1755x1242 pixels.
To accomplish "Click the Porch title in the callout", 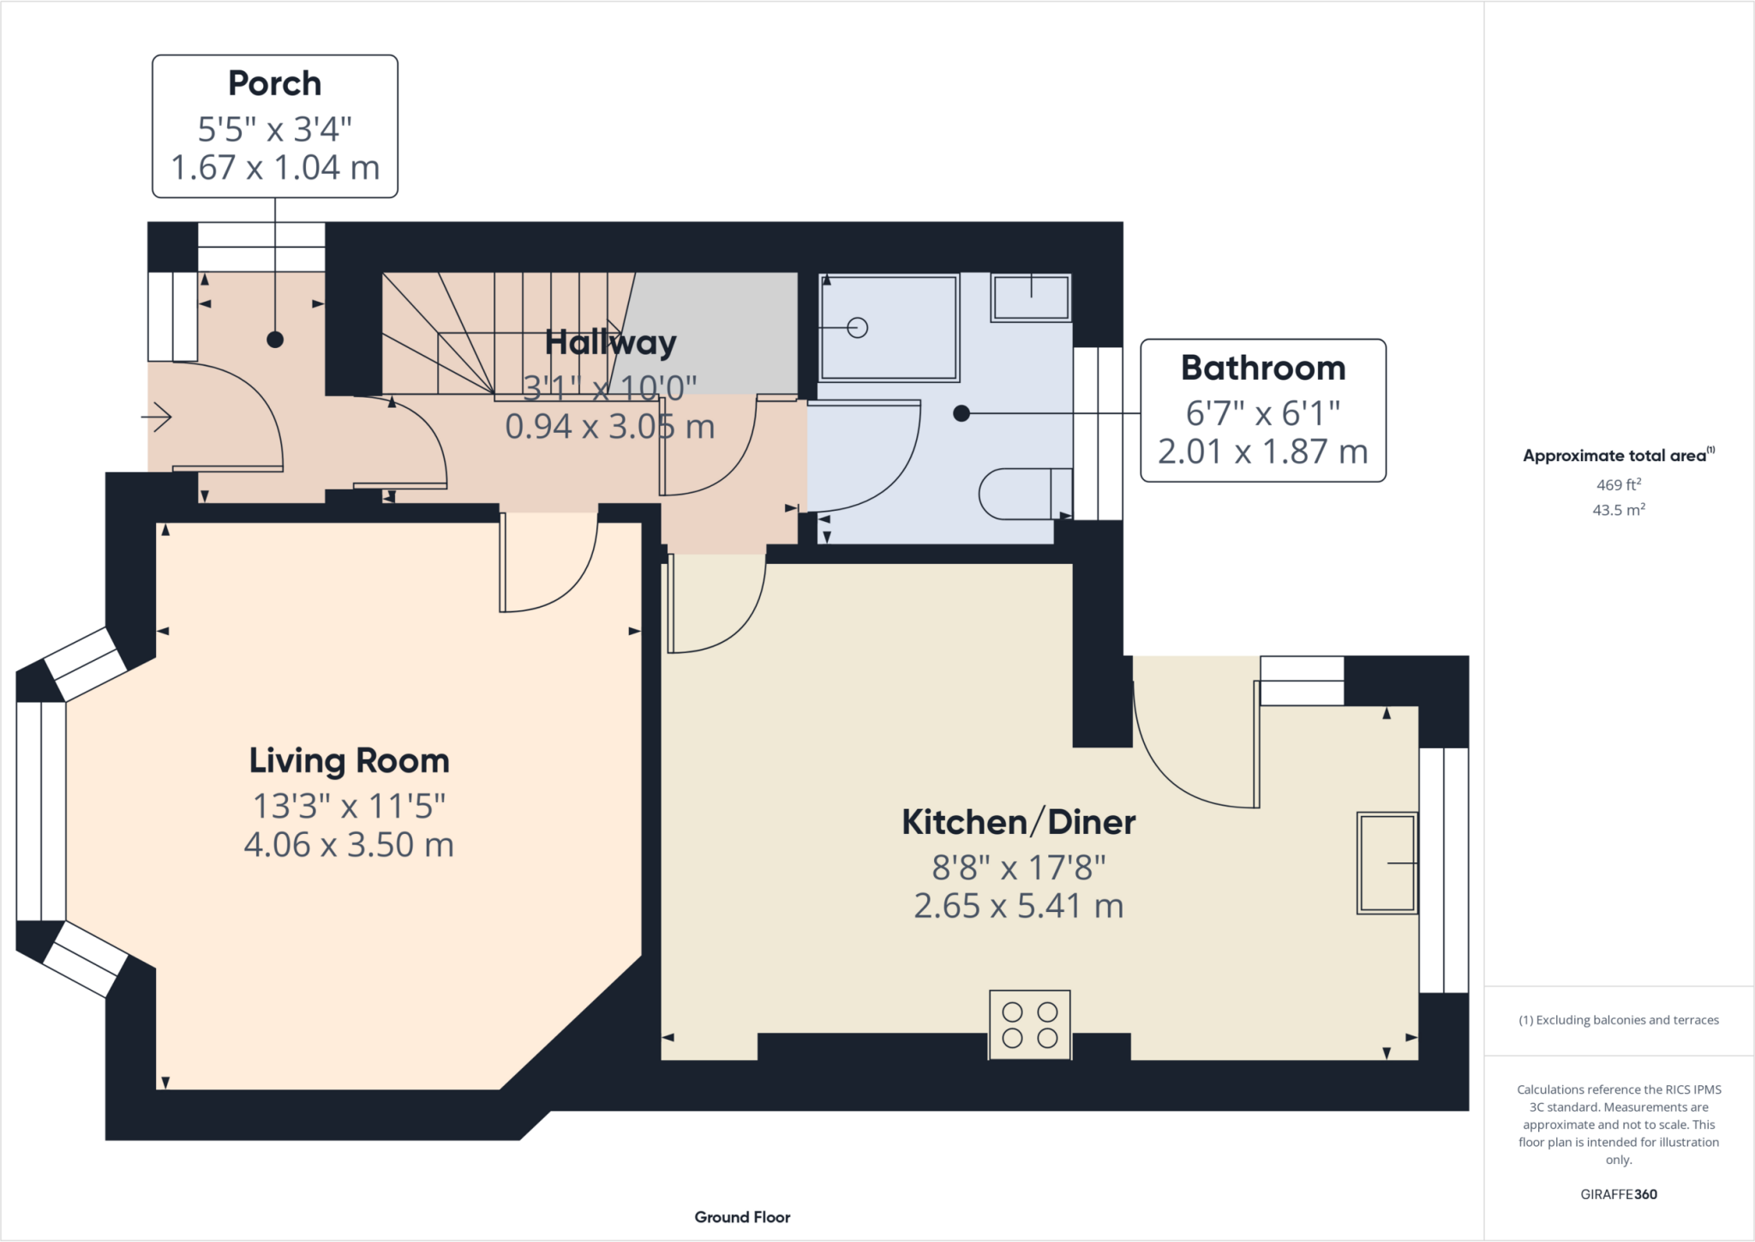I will coord(274,84).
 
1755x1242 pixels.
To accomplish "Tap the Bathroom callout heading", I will coord(1262,369).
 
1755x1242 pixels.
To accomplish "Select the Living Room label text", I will coord(349,761).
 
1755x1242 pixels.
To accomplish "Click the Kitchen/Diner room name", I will coord(1018,823).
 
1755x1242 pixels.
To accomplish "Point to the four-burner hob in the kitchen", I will coord(1029,1025).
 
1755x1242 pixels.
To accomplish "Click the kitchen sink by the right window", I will coord(1387,862).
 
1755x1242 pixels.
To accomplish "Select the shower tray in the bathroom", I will coord(889,327).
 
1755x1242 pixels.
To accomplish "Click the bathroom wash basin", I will coord(1030,297).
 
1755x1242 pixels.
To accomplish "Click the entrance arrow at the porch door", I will coord(157,417).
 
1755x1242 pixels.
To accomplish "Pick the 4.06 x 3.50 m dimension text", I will coord(349,845).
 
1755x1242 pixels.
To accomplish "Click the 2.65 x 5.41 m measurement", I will coord(1018,906).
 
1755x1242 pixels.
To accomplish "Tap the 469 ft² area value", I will coord(1618,484).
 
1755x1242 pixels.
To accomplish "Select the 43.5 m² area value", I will coord(1618,510).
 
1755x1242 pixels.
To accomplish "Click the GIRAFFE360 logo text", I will coord(1618,1194).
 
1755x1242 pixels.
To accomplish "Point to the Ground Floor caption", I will coord(742,1217).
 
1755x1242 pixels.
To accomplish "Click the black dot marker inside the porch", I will coord(275,339).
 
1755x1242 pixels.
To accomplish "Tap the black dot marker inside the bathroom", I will coord(961,414).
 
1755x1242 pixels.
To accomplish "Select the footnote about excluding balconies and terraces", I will coord(1618,1020).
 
